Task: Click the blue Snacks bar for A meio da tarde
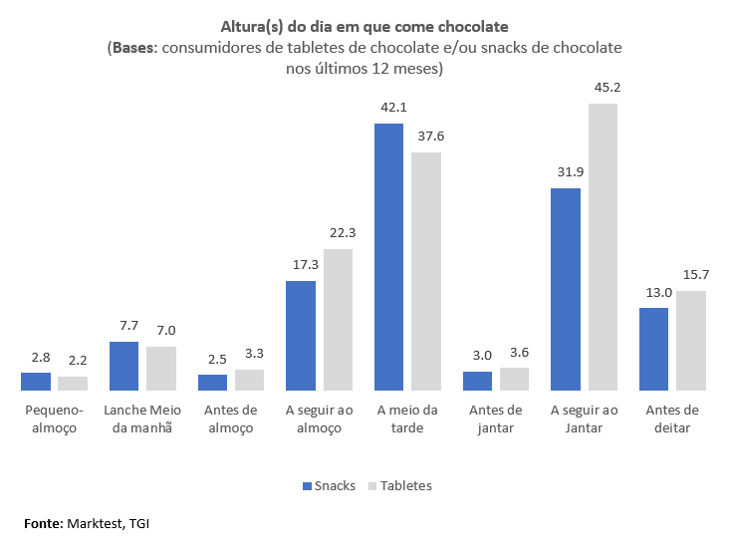pos(388,256)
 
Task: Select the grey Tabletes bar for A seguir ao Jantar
pos(602,246)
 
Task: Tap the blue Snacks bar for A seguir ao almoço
pos(301,335)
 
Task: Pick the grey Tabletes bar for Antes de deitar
pos(690,340)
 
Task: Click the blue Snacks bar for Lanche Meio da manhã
pos(123,365)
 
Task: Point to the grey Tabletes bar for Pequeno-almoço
pos(73,383)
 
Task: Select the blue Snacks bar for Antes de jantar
pos(477,380)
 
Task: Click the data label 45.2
pos(603,88)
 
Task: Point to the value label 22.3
pos(338,232)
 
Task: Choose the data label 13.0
pos(654,292)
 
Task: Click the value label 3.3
pos(250,354)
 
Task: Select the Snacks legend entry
pos(328,486)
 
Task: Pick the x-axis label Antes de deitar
pos(672,418)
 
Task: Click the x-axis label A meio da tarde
pos(407,418)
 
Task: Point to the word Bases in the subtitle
pos(132,48)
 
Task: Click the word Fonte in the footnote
pos(44,522)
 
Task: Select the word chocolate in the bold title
pos(472,24)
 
